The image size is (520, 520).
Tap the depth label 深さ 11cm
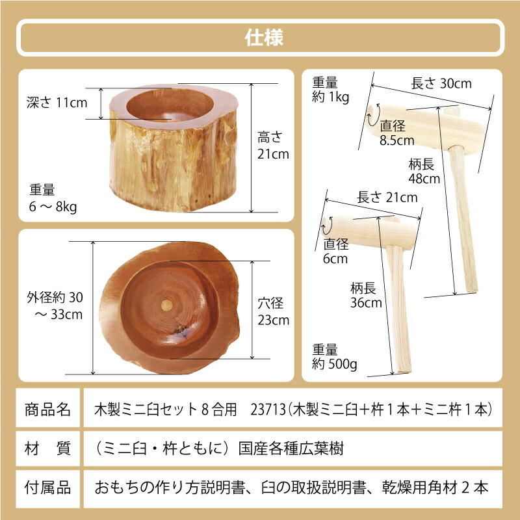click(x=57, y=102)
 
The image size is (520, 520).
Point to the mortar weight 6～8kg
click(x=54, y=198)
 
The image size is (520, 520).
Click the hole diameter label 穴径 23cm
click(x=272, y=311)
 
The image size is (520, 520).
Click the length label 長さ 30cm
click(x=441, y=84)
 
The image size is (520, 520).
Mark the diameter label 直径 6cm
click(x=337, y=252)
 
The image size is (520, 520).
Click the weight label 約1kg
click(x=331, y=91)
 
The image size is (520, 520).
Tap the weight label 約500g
click(x=334, y=357)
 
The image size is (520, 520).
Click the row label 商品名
click(x=47, y=409)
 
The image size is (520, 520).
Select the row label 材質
click(x=47, y=448)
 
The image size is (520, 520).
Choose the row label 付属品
click(x=47, y=486)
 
